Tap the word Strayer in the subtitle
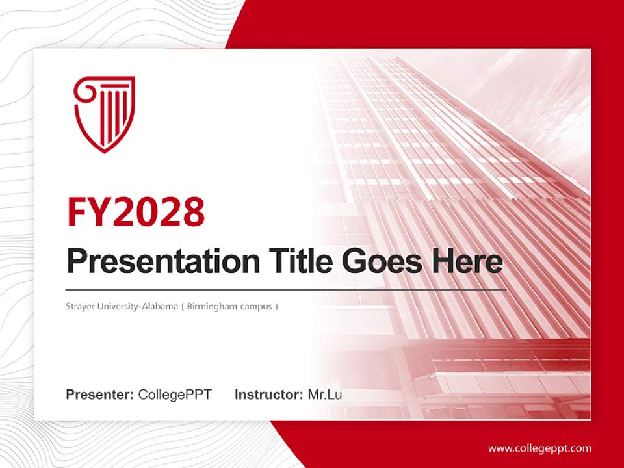click(80, 306)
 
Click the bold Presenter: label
click(100, 395)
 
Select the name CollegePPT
click(175, 395)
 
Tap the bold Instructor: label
click(268, 395)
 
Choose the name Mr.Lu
click(325, 395)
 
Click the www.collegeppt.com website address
click(539, 448)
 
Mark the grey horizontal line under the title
click(286, 289)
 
